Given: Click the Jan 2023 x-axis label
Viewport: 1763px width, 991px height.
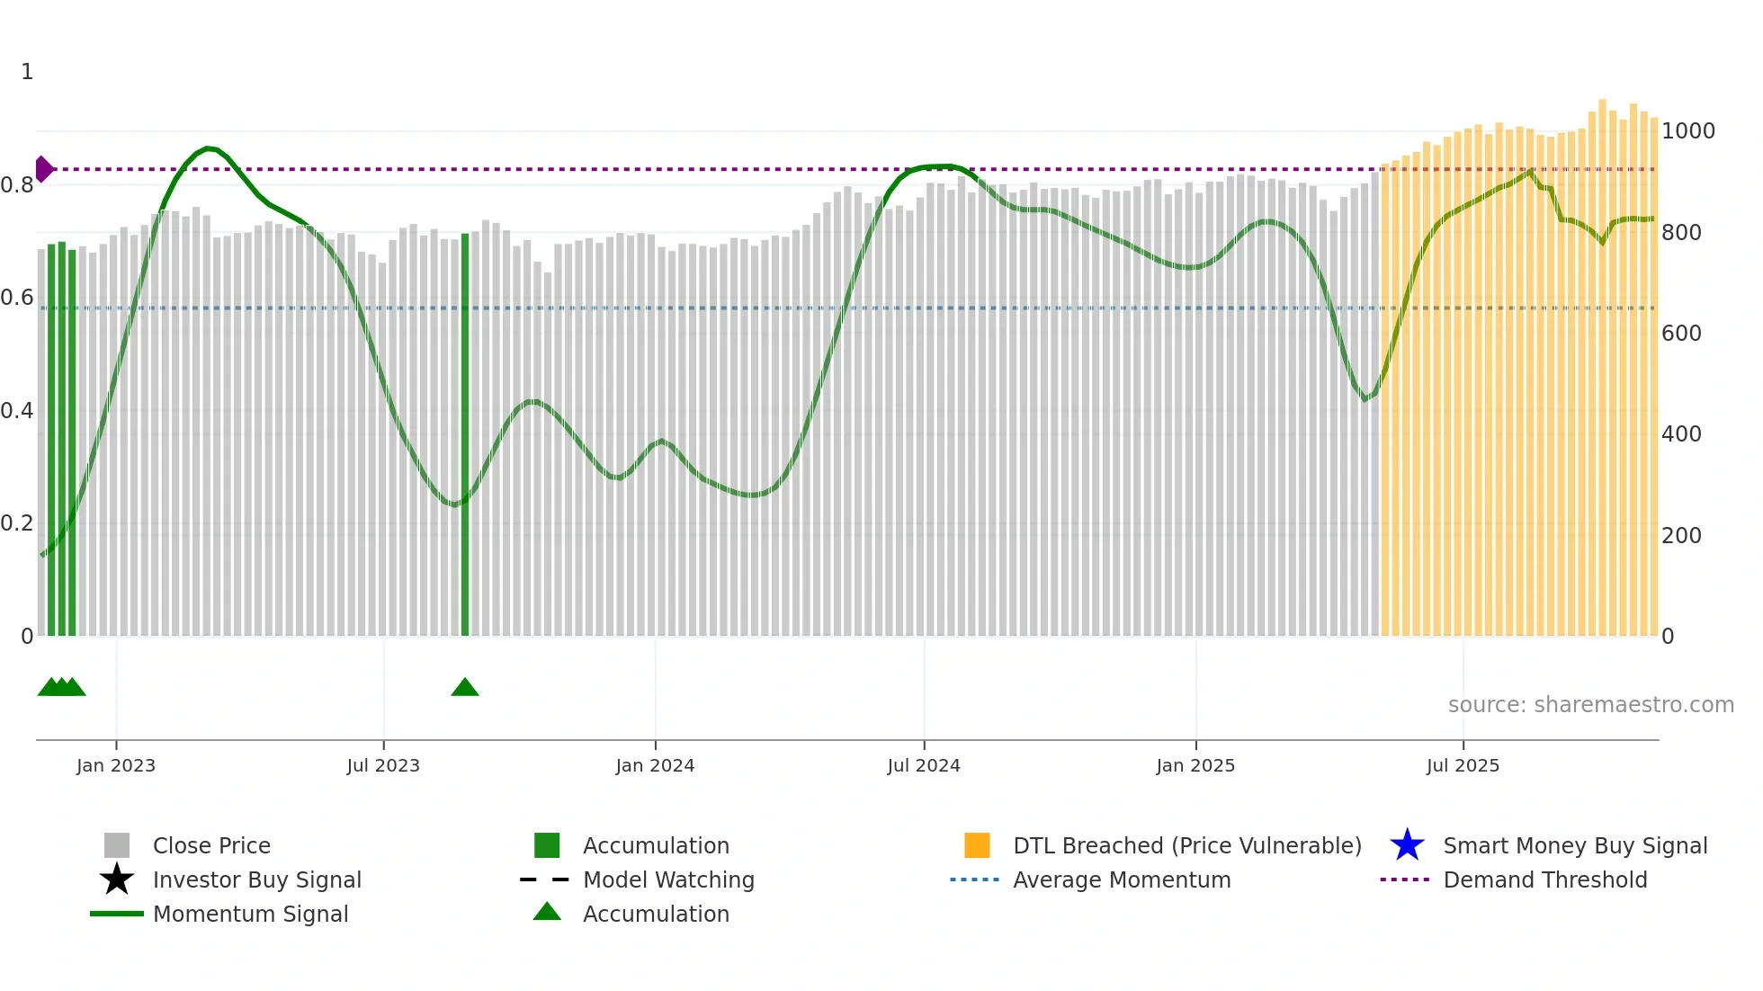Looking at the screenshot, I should pyautogui.click(x=116, y=765).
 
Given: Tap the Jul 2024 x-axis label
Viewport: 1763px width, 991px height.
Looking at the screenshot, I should pyautogui.click(x=924, y=765).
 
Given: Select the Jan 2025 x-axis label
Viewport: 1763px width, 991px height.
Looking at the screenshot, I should pyautogui.click(x=1195, y=765).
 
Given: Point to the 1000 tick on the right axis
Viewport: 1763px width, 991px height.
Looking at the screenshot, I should pyautogui.click(x=1688, y=131).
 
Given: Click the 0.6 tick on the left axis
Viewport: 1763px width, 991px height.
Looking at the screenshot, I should pyautogui.click(x=17, y=298).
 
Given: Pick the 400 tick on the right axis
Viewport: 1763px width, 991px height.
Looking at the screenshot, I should pyautogui.click(x=1681, y=434).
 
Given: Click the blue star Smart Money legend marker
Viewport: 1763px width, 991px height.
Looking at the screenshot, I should pyautogui.click(x=1407, y=845).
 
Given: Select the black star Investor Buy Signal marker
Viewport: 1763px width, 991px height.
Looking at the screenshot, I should pyautogui.click(x=117, y=879).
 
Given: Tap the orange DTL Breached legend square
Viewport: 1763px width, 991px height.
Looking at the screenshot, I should pyautogui.click(x=977, y=845).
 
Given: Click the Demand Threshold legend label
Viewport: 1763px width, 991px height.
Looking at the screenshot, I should pyautogui.click(x=1545, y=879).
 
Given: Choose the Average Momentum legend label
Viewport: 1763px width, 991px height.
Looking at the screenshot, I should pyautogui.click(x=1122, y=879).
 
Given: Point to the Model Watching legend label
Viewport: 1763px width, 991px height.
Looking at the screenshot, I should pyautogui.click(x=668, y=879).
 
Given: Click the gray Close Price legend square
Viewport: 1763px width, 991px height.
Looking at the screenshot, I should pyautogui.click(x=117, y=845).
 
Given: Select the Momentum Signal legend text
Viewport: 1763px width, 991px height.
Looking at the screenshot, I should pyautogui.click(x=250, y=914).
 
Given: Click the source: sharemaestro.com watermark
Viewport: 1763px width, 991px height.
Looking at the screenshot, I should pyautogui.click(x=1590, y=705).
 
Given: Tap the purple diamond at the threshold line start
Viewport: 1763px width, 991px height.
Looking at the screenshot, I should pyautogui.click(x=43, y=169).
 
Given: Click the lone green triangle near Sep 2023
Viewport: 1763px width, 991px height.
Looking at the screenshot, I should pyautogui.click(x=465, y=688).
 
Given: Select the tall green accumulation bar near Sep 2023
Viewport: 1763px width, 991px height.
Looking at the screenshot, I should pyautogui.click(x=465, y=432).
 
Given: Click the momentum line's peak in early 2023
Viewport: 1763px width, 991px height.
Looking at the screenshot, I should pyautogui.click(x=209, y=147).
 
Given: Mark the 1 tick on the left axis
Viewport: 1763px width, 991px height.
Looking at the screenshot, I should pyautogui.click(x=27, y=72).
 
